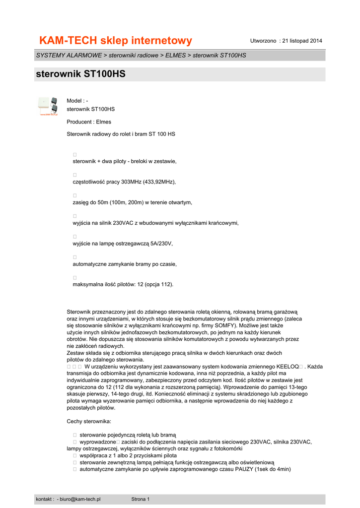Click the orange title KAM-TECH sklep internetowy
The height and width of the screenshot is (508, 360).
click(115, 40)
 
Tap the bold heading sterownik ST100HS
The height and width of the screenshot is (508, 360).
click(81, 74)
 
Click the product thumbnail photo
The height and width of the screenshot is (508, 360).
click(48, 106)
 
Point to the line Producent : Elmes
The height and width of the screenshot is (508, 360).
click(89, 122)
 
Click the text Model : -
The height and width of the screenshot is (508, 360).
click(77, 101)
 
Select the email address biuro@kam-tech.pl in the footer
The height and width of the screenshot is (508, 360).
click(80, 499)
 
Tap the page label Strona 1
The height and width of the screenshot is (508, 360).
click(140, 499)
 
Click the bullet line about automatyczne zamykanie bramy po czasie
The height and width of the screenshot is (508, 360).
click(125, 264)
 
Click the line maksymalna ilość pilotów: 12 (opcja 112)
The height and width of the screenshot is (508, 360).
click(123, 285)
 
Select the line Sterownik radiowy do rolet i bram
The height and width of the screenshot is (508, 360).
click(121, 134)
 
